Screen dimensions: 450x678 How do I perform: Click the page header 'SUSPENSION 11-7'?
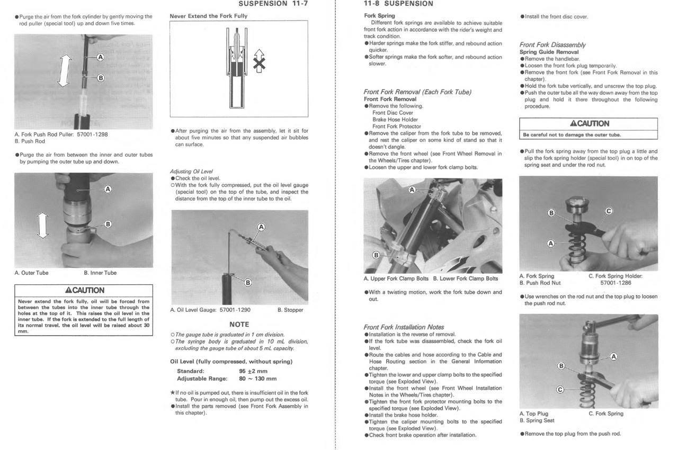coord(273,4)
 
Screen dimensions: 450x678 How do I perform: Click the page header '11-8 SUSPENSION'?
coord(398,4)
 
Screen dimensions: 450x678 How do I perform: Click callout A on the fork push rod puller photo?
coord(101,56)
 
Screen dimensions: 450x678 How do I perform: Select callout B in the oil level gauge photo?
coord(247,282)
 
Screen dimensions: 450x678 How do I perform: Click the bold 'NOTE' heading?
coord(239,324)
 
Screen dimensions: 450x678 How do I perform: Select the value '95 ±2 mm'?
coord(254,371)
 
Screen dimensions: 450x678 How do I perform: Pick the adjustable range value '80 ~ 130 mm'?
coord(258,379)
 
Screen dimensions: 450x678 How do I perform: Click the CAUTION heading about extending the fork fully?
coord(84,290)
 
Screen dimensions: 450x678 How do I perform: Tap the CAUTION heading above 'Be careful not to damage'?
coord(589,123)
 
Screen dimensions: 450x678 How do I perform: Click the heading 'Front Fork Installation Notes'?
coord(404,327)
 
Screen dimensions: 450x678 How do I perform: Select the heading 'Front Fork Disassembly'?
coord(552,45)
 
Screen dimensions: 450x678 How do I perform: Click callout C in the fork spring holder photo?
coord(608,211)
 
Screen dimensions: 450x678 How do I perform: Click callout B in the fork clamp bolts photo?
coord(376,255)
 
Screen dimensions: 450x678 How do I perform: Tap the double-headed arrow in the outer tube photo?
coord(42,225)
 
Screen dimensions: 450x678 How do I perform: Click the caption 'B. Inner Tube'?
coord(100,273)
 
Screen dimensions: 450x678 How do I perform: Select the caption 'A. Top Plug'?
coord(533,413)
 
